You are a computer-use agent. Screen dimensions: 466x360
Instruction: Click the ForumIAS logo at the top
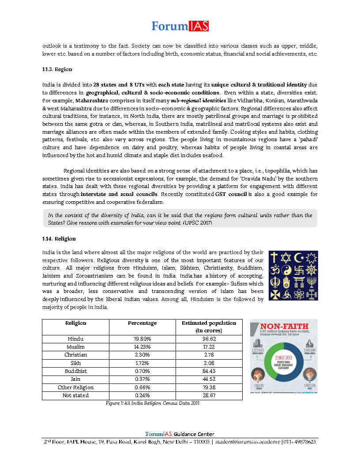pos(180,26)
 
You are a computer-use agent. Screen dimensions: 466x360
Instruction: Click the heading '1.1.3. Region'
pos(57,70)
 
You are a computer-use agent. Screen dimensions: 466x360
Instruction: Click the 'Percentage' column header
pos(142,323)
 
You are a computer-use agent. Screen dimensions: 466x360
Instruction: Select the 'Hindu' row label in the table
pos(75,339)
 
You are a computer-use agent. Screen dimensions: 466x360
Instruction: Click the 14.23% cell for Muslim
pos(142,347)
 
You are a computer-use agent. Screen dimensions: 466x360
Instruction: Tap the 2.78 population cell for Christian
pos(209,355)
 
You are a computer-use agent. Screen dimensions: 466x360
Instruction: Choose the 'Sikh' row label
pos(75,363)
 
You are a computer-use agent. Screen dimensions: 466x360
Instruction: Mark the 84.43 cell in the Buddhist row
pos(209,371)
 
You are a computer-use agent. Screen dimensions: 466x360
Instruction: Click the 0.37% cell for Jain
pos(142,379)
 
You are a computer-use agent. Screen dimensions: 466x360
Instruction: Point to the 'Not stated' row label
pos(75,395)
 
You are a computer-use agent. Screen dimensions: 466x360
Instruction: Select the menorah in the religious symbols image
pos(311,282)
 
